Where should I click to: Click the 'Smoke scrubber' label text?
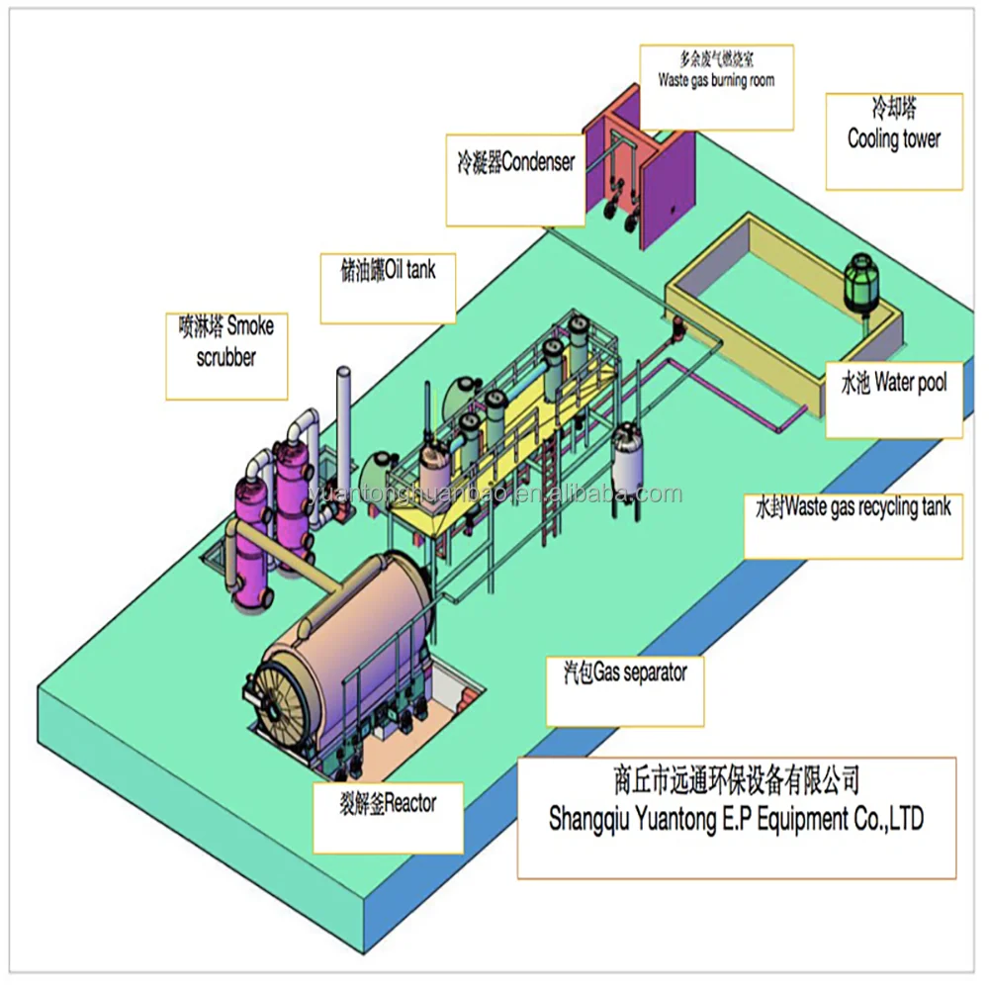point(225,341)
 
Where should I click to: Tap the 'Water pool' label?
point(893,383)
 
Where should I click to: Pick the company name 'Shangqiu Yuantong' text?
point(737,820)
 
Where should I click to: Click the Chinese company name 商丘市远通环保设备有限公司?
point(737,783)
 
